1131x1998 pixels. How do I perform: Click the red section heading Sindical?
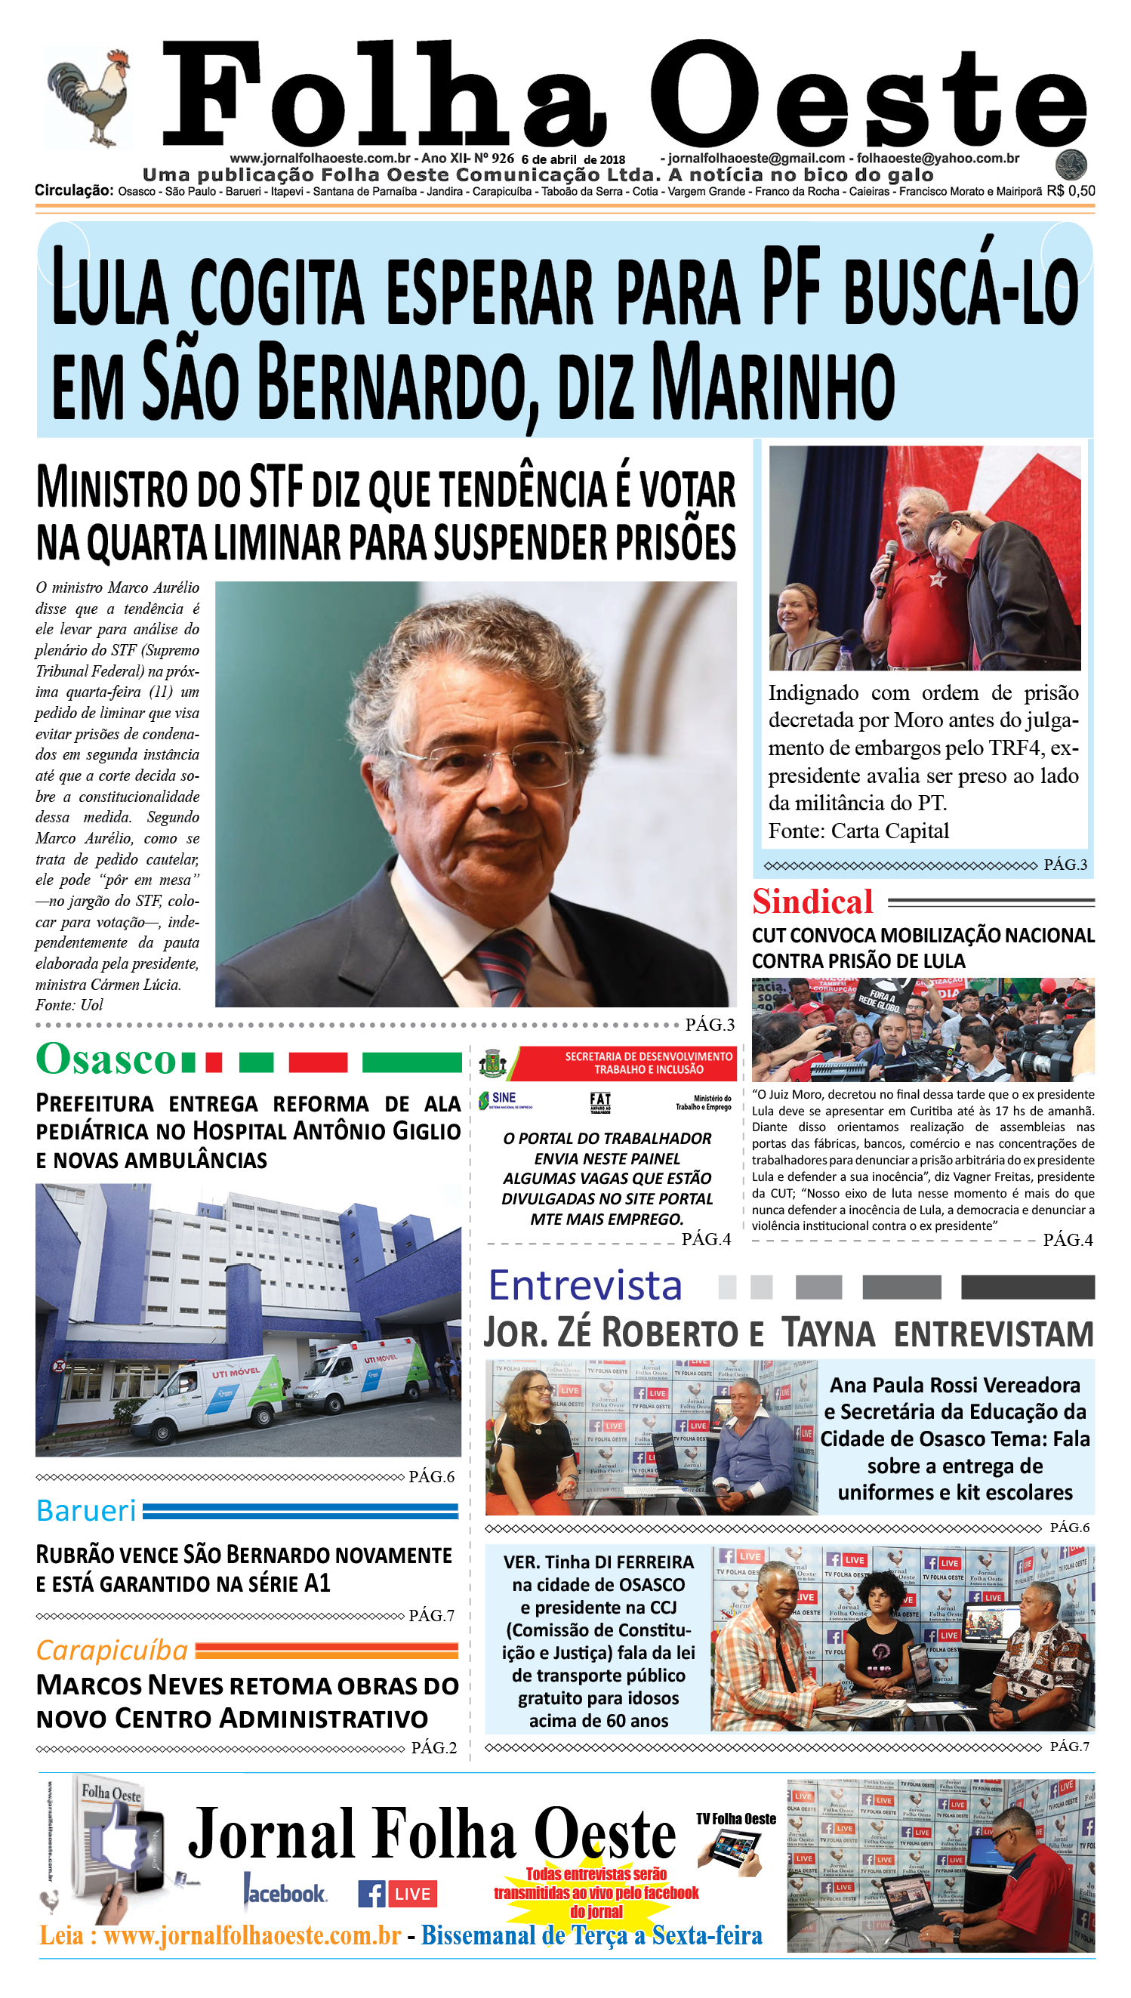(812, 902)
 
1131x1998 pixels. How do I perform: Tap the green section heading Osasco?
(106, 1059)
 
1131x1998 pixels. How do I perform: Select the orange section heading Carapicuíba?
(112, 1650)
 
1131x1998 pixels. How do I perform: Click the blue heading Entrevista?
(585, 1286)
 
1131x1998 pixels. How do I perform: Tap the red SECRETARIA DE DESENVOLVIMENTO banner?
(627, 1062)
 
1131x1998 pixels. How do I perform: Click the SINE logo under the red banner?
(504, 1099)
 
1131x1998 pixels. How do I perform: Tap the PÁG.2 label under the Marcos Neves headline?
(433, 1748)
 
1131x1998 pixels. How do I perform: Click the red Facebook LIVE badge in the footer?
(411, 1894)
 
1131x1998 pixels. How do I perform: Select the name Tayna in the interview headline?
(828, 1333)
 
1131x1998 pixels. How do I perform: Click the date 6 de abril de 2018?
(573, 159)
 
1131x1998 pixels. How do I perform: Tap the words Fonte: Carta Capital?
(858, 831)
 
